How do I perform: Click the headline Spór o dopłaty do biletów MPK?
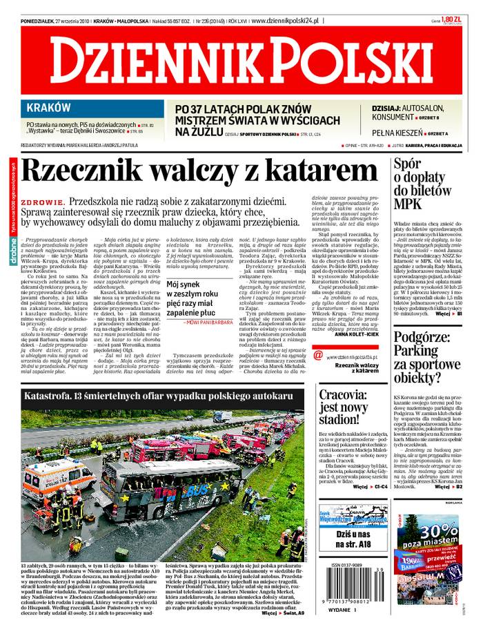click(x=418, y=184)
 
